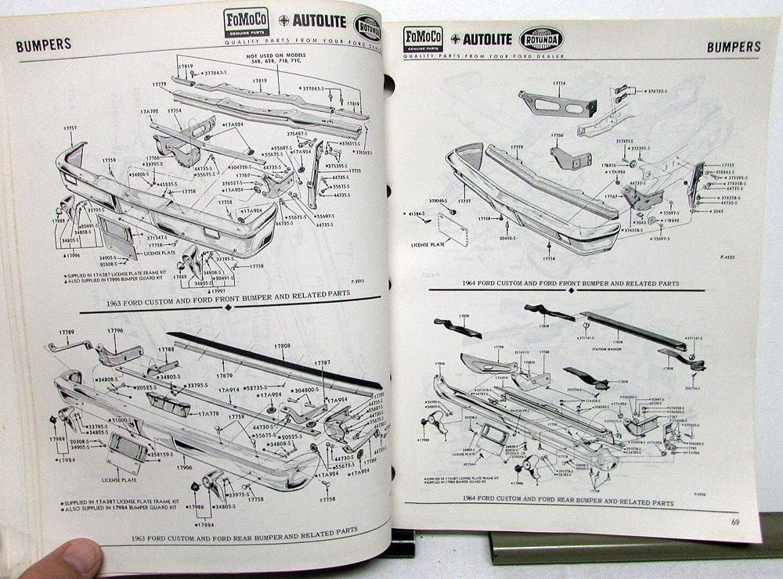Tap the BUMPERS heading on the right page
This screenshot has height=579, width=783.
(733, 47)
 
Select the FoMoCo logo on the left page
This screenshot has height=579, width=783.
(246, 21)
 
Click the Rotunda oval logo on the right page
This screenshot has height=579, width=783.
(541, 39)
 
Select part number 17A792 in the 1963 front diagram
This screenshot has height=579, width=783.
(149, 112)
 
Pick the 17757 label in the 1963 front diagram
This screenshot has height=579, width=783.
(70, 128)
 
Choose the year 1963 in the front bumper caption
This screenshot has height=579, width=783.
(132, 295)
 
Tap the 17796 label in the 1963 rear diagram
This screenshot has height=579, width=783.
(115, 331)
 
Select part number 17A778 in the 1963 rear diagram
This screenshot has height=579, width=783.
(208, 412)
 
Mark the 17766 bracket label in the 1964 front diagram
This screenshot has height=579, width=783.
(556, 135)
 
